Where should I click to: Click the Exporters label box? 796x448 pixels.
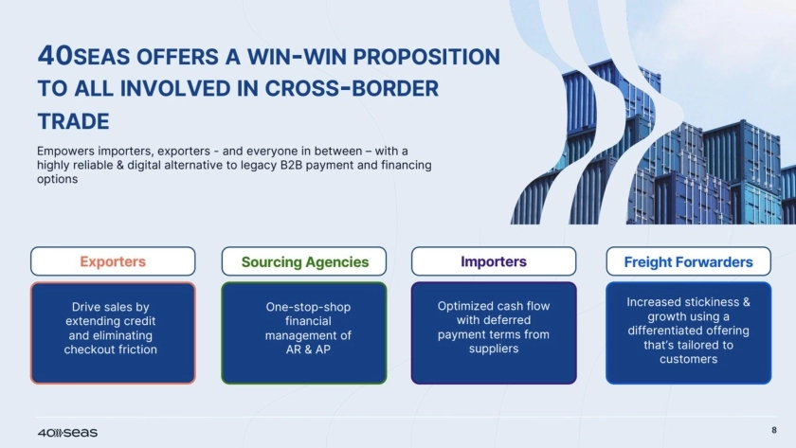pyautogui.click(x=113, y=261)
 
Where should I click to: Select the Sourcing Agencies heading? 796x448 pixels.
pyautogui.click(x=304, y=261)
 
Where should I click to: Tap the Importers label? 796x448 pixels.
pyautogui.click(x=494, y=261)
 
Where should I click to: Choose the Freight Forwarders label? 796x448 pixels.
pyautogui.click(x=688, y=261)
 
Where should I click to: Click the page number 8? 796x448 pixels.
pyautogui.click(x=774, y=430)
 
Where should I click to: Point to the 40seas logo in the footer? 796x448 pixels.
pyautogui.click(x=67, y=433)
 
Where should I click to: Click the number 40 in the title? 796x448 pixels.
pyautogui.click(x=55, y=55)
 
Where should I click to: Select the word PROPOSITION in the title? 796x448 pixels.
pyautogui.click(x=426, y=57)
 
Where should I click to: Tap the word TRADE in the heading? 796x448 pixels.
pyautogui.click(x=74, y=121)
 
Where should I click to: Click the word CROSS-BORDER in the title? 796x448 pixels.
pyautogui.click(x=352, y=89)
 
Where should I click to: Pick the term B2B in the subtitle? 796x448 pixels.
pyautogui.click(x=292, y=166)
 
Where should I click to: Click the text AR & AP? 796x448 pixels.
pyautogui.click(x=308, y=349)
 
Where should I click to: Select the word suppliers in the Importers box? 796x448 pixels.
pyautogui.click(x=494, y=349)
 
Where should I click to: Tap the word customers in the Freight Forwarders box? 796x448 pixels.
pyautogui.click(x=688, y=359)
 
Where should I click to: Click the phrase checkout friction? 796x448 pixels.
pyautogui.click(x=111, y=349)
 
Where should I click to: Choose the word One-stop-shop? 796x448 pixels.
pyautogui.click(x=308, y=308)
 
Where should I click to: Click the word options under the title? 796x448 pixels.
pyautogui.click(x=58, y=180)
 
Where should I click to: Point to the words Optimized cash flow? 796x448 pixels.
pyautogui.click(x=494, y=307)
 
